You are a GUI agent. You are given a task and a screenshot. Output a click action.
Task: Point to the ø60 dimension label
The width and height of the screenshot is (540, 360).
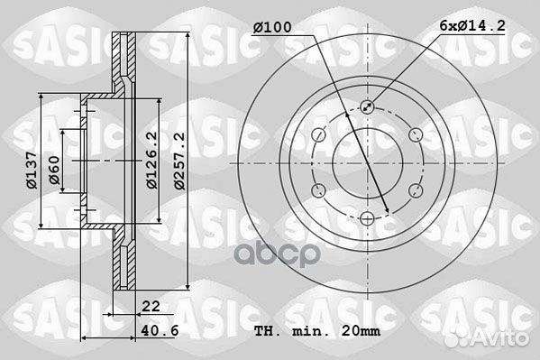54,171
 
